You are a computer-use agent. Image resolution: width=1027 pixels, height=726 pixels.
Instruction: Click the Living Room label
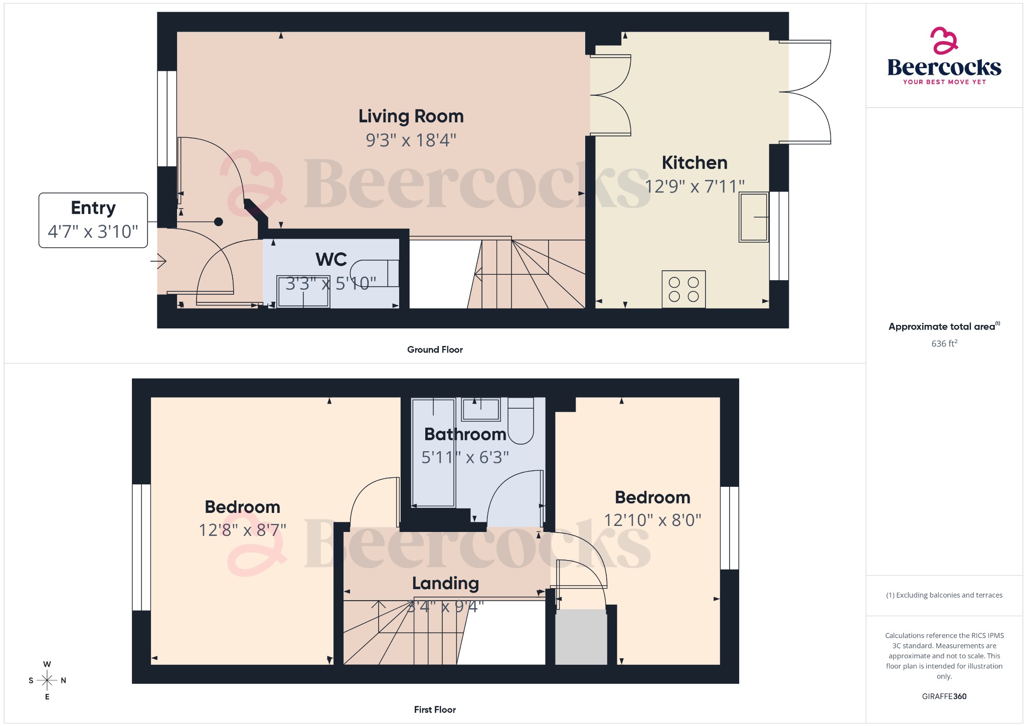coord(411,116)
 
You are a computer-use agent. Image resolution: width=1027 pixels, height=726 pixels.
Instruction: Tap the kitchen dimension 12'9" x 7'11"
coord(694,187)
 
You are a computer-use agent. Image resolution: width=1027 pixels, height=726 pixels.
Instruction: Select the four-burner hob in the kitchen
coord(683,289)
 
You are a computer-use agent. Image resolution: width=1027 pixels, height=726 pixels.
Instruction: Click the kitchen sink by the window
coord(753,217)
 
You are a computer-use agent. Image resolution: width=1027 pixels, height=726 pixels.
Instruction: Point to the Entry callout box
coord(93,220)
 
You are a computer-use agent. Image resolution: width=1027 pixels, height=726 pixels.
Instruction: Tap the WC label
coord(331,259)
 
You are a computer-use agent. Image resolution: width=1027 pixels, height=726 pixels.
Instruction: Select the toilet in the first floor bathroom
coord(521,421)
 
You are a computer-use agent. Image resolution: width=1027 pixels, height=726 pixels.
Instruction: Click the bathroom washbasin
coord(480,409)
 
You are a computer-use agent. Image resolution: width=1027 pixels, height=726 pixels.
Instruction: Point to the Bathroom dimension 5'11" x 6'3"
coord(465,457)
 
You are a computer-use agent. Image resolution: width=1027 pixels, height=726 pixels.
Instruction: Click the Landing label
coord(445,583)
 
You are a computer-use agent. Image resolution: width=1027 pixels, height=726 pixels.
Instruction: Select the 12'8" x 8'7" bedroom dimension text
coord(242,530)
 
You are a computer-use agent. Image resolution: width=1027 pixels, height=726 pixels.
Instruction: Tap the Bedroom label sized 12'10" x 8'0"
coord(652,497)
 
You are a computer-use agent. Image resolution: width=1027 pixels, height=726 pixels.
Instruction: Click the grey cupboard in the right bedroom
coord(581,637)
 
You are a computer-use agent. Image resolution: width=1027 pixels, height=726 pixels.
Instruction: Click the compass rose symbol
coord(47,680)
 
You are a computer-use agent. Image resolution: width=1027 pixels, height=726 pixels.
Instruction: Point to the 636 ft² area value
coord(944,343)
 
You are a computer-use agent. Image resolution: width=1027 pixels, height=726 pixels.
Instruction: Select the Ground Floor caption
coord(435,349)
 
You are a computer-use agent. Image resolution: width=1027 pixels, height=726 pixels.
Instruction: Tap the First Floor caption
coord(435,709)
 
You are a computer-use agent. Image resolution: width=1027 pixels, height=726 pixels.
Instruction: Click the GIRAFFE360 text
coord(944,696)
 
